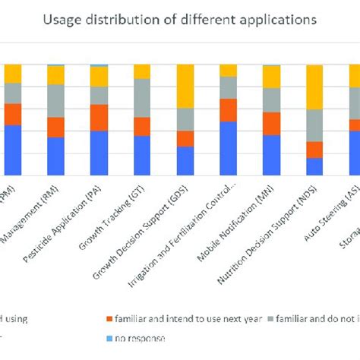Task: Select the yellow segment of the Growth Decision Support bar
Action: coord(185,86)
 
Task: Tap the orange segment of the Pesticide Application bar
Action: coord(99,117)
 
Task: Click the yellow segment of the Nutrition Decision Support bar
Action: coord(314,87)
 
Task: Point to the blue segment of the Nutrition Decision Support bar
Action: coord(314,166)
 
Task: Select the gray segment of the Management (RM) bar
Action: coord(55,100)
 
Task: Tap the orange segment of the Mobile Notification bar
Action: coord(271,123)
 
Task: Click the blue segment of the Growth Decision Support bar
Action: coord(185,160)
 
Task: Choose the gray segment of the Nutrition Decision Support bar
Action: coord(314,125)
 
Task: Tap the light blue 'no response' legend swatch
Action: coord(110,338)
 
